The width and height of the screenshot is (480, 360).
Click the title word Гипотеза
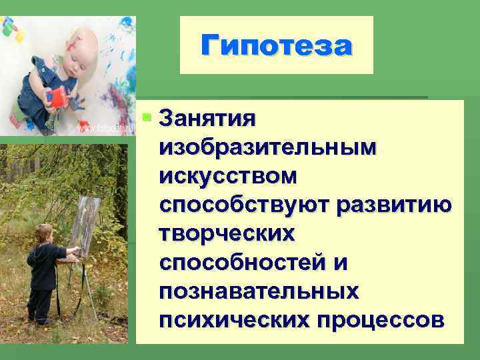pyautogui.click(x=276, y=45)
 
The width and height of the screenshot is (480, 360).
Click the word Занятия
pyautogui.click(x=207, y=120)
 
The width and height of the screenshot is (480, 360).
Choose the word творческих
pyautogui.click(x=227, y=234)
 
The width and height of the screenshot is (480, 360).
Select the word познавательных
pyautogui.click(x=259, y=291)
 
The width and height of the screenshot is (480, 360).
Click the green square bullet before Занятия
pyautogui.click(x=147, y=118)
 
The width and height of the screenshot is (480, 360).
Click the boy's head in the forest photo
pyautogui.click(x=44, y=234)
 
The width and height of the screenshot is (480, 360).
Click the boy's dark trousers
pyautogui.click(x=41, y=303)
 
